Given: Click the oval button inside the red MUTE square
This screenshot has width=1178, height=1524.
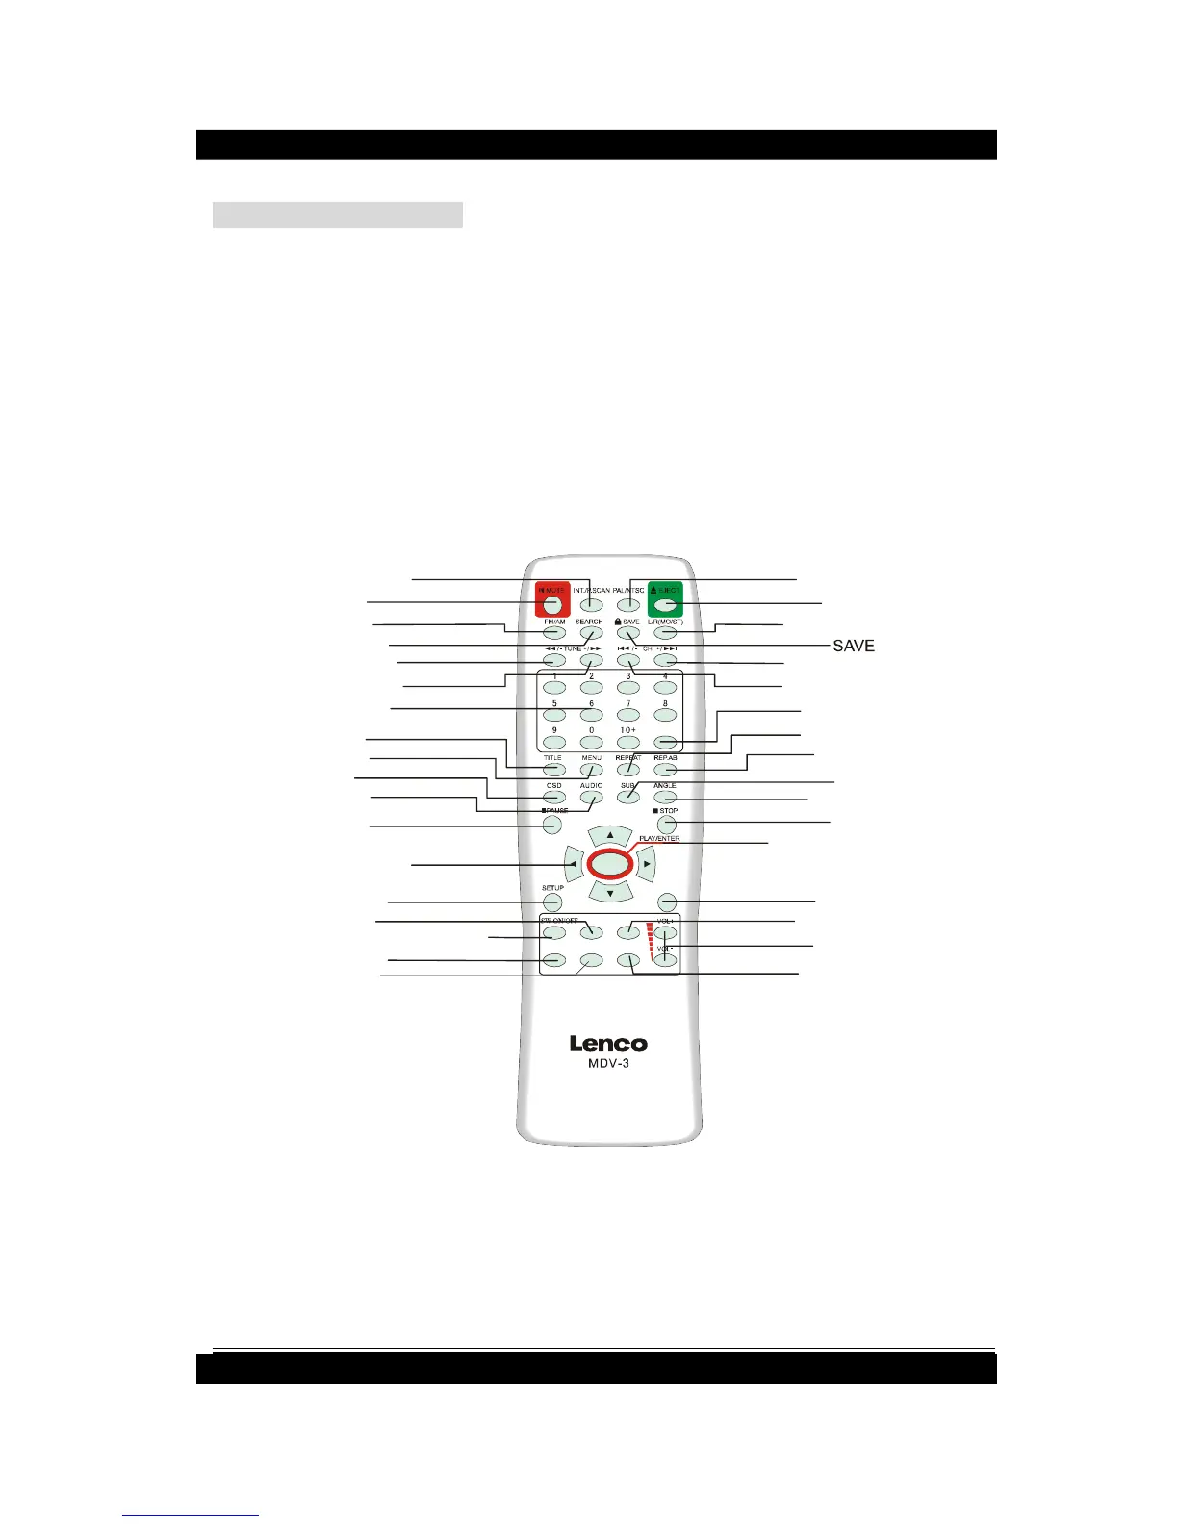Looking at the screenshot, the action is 552,604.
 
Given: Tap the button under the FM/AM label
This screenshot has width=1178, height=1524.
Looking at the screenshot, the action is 553,633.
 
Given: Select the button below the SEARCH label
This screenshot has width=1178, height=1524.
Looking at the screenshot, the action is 590,633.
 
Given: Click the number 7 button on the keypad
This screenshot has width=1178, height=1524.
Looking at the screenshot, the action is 627,715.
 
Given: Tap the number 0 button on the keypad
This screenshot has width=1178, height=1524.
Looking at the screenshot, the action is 591,743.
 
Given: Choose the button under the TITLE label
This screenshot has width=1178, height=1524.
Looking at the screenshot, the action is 553,769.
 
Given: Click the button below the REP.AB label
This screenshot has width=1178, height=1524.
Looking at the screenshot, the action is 665,769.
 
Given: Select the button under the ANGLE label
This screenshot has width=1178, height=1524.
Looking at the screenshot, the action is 665,797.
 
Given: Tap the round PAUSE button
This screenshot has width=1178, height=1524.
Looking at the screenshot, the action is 552,825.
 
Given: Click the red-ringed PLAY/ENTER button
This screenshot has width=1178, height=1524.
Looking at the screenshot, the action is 609,864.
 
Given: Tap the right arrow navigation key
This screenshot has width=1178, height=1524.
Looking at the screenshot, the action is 647,864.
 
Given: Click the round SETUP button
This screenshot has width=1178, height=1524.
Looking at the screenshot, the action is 552,902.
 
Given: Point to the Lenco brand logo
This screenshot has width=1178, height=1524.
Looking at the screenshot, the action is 608,1044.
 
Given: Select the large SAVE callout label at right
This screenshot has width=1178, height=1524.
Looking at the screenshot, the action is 854,646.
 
